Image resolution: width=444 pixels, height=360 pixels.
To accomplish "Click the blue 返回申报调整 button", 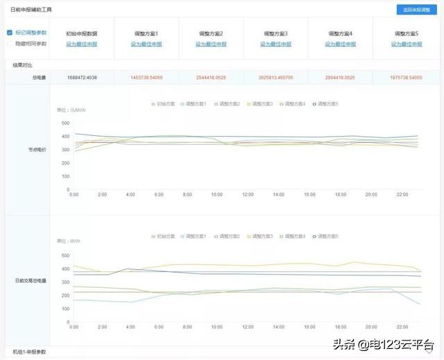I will (x=416, y=10).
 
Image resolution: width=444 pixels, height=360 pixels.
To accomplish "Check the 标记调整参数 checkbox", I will (x=9, y=33).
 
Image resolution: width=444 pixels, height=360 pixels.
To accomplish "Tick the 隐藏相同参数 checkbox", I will (x=9, y=44).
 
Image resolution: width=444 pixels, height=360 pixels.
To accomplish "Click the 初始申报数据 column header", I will (x=81, y=33).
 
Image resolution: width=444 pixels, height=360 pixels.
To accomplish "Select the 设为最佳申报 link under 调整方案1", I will (x=146, y=44).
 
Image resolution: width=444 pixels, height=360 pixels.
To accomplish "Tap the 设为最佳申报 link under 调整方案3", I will (x=275, y=44).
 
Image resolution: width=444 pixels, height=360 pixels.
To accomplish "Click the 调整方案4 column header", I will (x=341, y=33).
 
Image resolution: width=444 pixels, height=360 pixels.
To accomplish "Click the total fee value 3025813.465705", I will (x=275, y=77).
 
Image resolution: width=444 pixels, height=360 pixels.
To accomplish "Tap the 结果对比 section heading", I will (x=22, y=65).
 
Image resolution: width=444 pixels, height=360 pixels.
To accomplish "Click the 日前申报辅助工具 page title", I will (x=31, y=10).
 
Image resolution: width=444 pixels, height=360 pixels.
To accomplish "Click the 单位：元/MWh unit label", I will (x=71, y=110).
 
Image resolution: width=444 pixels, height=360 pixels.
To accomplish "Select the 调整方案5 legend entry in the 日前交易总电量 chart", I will (x=327, y=236).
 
